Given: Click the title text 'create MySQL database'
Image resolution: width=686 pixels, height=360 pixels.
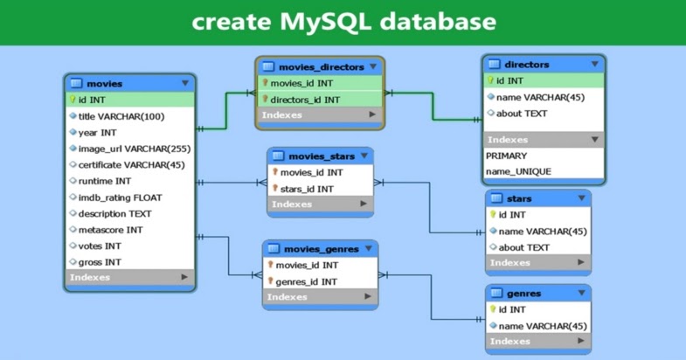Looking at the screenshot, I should (343, 21).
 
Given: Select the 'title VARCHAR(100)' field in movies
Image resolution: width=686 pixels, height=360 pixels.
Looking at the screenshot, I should (121, 116).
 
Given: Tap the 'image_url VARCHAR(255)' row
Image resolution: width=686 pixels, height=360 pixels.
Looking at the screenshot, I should (134, 149).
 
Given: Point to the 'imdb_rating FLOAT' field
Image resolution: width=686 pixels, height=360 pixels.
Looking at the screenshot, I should (120, 197).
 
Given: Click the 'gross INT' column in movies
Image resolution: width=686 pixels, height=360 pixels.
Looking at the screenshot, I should (100, 262).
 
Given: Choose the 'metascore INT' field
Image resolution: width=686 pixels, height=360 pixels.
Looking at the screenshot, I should (110, 230).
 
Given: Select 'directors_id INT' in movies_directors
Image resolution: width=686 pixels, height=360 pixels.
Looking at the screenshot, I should (305, 100).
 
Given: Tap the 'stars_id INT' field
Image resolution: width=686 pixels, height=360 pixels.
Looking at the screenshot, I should (306, 189).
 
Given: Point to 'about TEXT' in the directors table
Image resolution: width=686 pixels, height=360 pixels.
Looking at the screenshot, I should (523, 114).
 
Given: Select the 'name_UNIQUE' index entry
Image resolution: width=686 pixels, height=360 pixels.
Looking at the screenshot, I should (518, 171).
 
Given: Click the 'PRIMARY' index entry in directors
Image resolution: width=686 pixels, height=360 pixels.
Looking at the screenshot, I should (506, 156).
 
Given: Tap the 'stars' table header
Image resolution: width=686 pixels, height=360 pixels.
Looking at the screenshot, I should (518, 198).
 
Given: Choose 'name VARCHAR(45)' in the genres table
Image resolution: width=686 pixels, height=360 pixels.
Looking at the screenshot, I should (542, 326).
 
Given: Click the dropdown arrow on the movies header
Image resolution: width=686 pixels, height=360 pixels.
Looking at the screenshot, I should (185, 84).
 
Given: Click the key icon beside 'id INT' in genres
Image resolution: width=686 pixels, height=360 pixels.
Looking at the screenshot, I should (492, 309).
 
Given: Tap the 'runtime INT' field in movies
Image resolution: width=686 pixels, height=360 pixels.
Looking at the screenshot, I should (105, 181).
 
